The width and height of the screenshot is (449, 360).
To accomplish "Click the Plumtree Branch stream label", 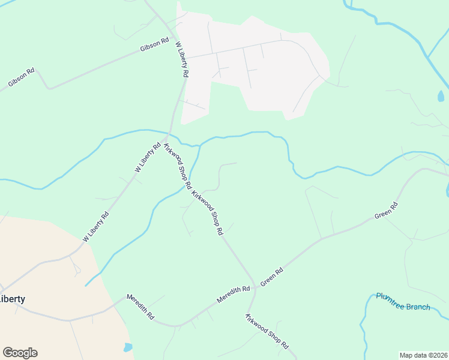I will [403, 302].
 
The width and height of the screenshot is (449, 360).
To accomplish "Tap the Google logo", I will [20, 353].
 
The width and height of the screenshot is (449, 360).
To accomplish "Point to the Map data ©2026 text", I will [423, 355].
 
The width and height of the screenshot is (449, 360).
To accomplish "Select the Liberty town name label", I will [12, 299].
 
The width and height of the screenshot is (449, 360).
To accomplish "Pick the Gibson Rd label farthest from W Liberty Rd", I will [22, 78].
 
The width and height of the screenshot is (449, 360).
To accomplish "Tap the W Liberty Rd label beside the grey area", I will [182, 59].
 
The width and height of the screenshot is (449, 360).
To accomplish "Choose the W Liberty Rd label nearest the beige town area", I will [96, 227].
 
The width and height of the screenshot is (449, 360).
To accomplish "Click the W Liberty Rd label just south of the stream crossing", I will [148, 158].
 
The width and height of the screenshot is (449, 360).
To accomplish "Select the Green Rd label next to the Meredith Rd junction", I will [271, 277].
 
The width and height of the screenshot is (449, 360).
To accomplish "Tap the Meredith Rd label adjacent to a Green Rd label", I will [234, 294].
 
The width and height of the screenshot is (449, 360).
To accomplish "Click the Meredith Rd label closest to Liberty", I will [140, 306].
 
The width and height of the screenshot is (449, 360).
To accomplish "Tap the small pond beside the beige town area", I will [127, 347].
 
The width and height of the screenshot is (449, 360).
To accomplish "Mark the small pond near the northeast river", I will [441, 96].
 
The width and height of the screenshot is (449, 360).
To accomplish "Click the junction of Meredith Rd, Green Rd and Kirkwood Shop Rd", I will [256, 288].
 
